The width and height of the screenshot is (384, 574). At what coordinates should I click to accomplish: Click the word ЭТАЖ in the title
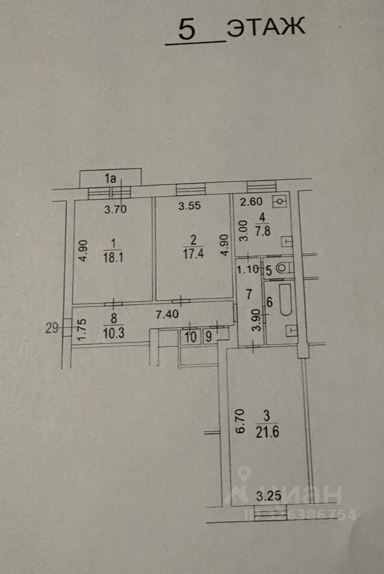266,28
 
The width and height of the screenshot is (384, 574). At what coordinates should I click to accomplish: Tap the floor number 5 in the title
187,30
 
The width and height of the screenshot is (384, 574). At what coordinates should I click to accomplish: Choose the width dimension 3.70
116,209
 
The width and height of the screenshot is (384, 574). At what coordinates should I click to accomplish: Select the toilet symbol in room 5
284,269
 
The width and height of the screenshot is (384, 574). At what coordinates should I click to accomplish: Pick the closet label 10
190,337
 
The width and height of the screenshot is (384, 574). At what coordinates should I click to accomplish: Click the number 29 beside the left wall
52,326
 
